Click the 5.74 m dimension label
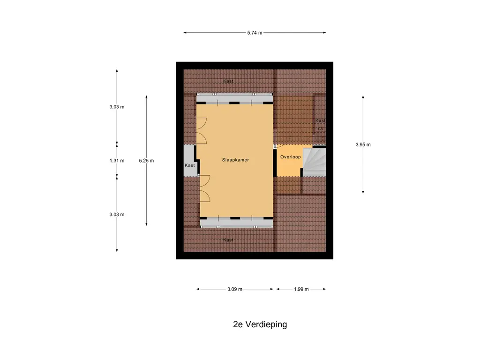tap(255, 33)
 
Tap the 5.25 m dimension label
tap(146, 161)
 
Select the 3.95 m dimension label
tap(363, 145)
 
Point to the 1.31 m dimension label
tap(117, 161)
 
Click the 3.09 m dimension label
tap(234, 289)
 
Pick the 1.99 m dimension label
tap(301, 289)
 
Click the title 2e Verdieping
tap(260, 324)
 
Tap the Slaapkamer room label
tap(235, 160)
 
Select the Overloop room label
tap(290, 157)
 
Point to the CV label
tap(321, 128)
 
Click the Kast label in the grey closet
tap(189, 165)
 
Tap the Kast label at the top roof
tap(228, 81)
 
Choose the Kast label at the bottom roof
tap(228, 240)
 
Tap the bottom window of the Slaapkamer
tap(236, 223)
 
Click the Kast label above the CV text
tap(321, 120)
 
